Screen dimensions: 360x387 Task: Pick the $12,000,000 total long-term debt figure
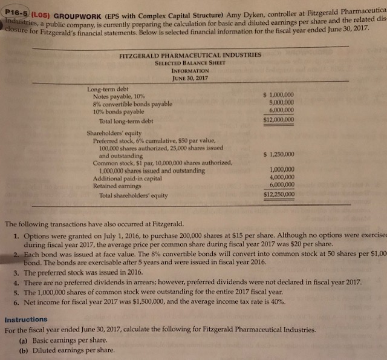pyautogui.click(x=278, y=120)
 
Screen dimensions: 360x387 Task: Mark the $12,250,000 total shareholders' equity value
pyautogui.click(x=278, y=194)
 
